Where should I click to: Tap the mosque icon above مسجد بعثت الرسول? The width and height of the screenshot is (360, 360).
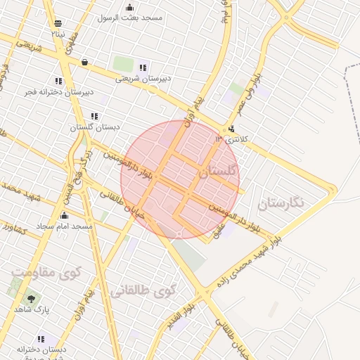129,8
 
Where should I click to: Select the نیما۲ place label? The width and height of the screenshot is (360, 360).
58,33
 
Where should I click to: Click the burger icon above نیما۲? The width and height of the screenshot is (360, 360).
58,23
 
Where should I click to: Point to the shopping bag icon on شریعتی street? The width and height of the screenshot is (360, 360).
84,62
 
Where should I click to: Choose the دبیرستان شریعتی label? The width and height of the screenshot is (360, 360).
143,79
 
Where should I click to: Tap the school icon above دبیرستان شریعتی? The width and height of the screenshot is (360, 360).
143,68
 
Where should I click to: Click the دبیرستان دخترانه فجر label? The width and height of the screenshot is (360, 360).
58,91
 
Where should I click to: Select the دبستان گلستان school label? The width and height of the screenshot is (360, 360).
94,128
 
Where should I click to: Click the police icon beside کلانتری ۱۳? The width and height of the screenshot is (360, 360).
232,129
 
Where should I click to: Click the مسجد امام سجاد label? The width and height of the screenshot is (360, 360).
65,226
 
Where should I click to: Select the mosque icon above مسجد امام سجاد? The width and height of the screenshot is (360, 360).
65,215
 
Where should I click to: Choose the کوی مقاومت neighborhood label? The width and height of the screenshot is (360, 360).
46,271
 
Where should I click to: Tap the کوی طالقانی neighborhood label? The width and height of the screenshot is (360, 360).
143,289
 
